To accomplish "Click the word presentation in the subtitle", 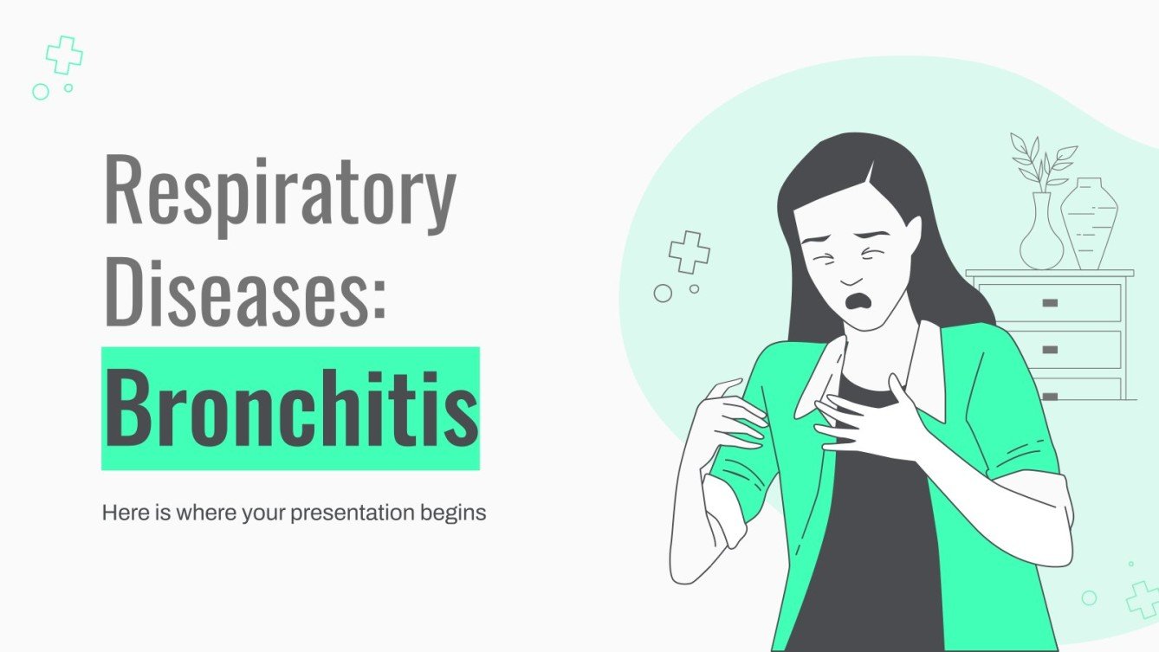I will pyautogui.click(x=357, y=513).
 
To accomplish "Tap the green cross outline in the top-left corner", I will pyautogui.click(x=64, y=55).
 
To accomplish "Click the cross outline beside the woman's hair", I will pyautogui.click(x=689, y=251).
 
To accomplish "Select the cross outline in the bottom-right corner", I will pyautogui.click(x=1143, y=599).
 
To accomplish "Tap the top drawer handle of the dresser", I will pyautogui.click(x=1050, y=303).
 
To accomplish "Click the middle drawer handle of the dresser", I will pyautogui.click(x=1050, y=349).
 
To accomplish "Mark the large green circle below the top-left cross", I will pyautogui.click(x=40, y=91).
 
